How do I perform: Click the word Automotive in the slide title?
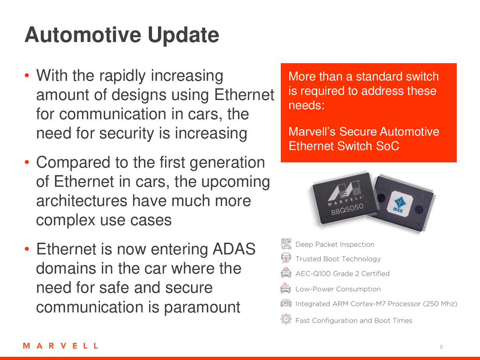[83, 35]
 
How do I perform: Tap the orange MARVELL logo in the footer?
[60, 346]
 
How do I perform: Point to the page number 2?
[441, 347]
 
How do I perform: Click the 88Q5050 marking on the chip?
[347, 209]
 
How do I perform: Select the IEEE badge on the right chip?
[400, 204]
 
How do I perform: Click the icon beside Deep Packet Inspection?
[286, 244]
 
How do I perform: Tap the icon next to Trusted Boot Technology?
[286, 258]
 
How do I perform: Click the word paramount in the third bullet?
[202, 308]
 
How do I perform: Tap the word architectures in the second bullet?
[82, 201]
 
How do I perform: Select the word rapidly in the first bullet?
[122, 76]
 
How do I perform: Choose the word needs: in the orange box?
[306, 105]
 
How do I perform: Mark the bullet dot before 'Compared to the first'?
[27, 162]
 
